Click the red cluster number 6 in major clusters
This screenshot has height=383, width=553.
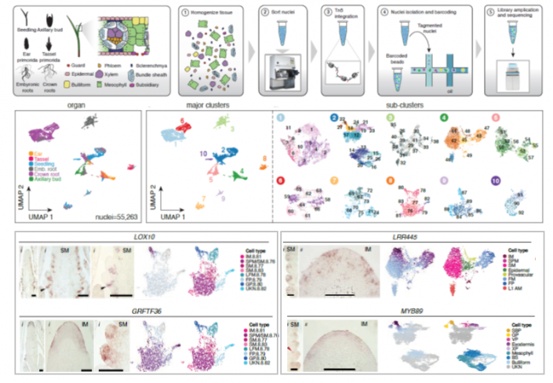pyautogui.click(x=182, y=124)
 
